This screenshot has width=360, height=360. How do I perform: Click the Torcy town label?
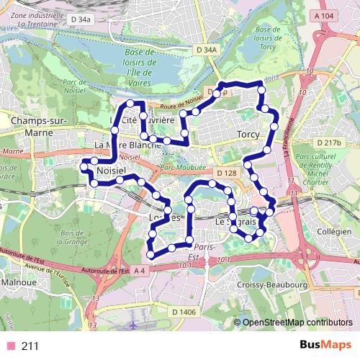[247, 135]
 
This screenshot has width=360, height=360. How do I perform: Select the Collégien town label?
[333, 232]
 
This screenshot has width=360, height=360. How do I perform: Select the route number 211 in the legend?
[30, 346]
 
